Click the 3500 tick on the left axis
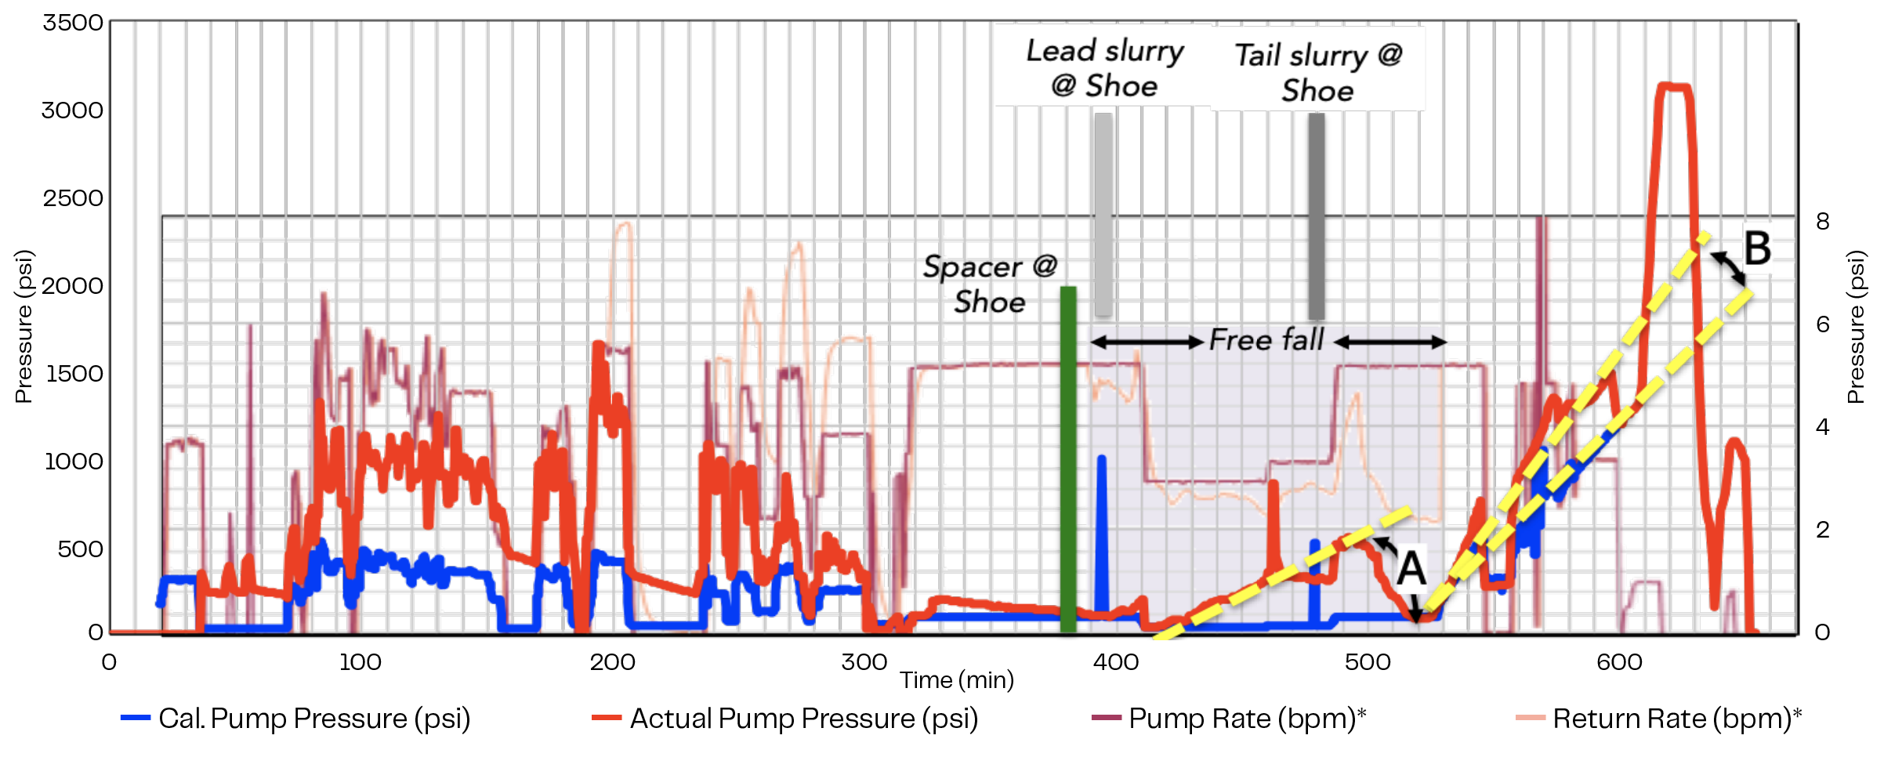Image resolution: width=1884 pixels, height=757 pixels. click(x=73, y=23)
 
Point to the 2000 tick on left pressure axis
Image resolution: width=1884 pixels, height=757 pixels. click(x=73, y=286)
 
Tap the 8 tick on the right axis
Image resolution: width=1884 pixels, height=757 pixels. click(x=1823, y=222)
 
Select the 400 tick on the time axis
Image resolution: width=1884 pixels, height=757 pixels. click(x=1115, y=662)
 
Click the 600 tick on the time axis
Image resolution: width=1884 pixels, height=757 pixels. click(x=1619, y=662)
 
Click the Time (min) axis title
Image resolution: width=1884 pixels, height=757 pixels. click(x=956, y=680)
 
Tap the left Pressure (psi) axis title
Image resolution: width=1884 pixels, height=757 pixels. click(x=24, y=326)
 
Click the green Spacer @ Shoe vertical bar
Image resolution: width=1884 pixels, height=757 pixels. click(x=1067, y=458)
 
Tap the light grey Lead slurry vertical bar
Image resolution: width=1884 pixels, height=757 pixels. click(x=1103, y=215)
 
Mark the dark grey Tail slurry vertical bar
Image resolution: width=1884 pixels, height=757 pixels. click(x=1317, y=215)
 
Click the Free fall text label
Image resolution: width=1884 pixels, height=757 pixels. click(x=1266, y=340)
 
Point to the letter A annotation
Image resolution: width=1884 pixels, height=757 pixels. click(x=1411, y=569)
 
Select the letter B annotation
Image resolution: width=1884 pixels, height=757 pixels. click(x=1757, y=248)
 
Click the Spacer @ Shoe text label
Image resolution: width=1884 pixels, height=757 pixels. click(x=990, y=284)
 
